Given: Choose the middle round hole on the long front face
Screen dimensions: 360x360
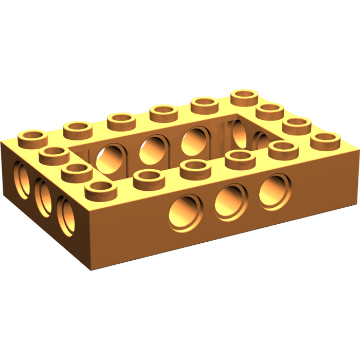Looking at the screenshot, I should [x=230, y=198].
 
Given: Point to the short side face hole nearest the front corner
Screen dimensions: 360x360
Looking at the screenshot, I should [x=66, y=213].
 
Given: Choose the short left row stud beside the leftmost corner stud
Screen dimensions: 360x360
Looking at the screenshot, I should [x=54, y=154].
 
